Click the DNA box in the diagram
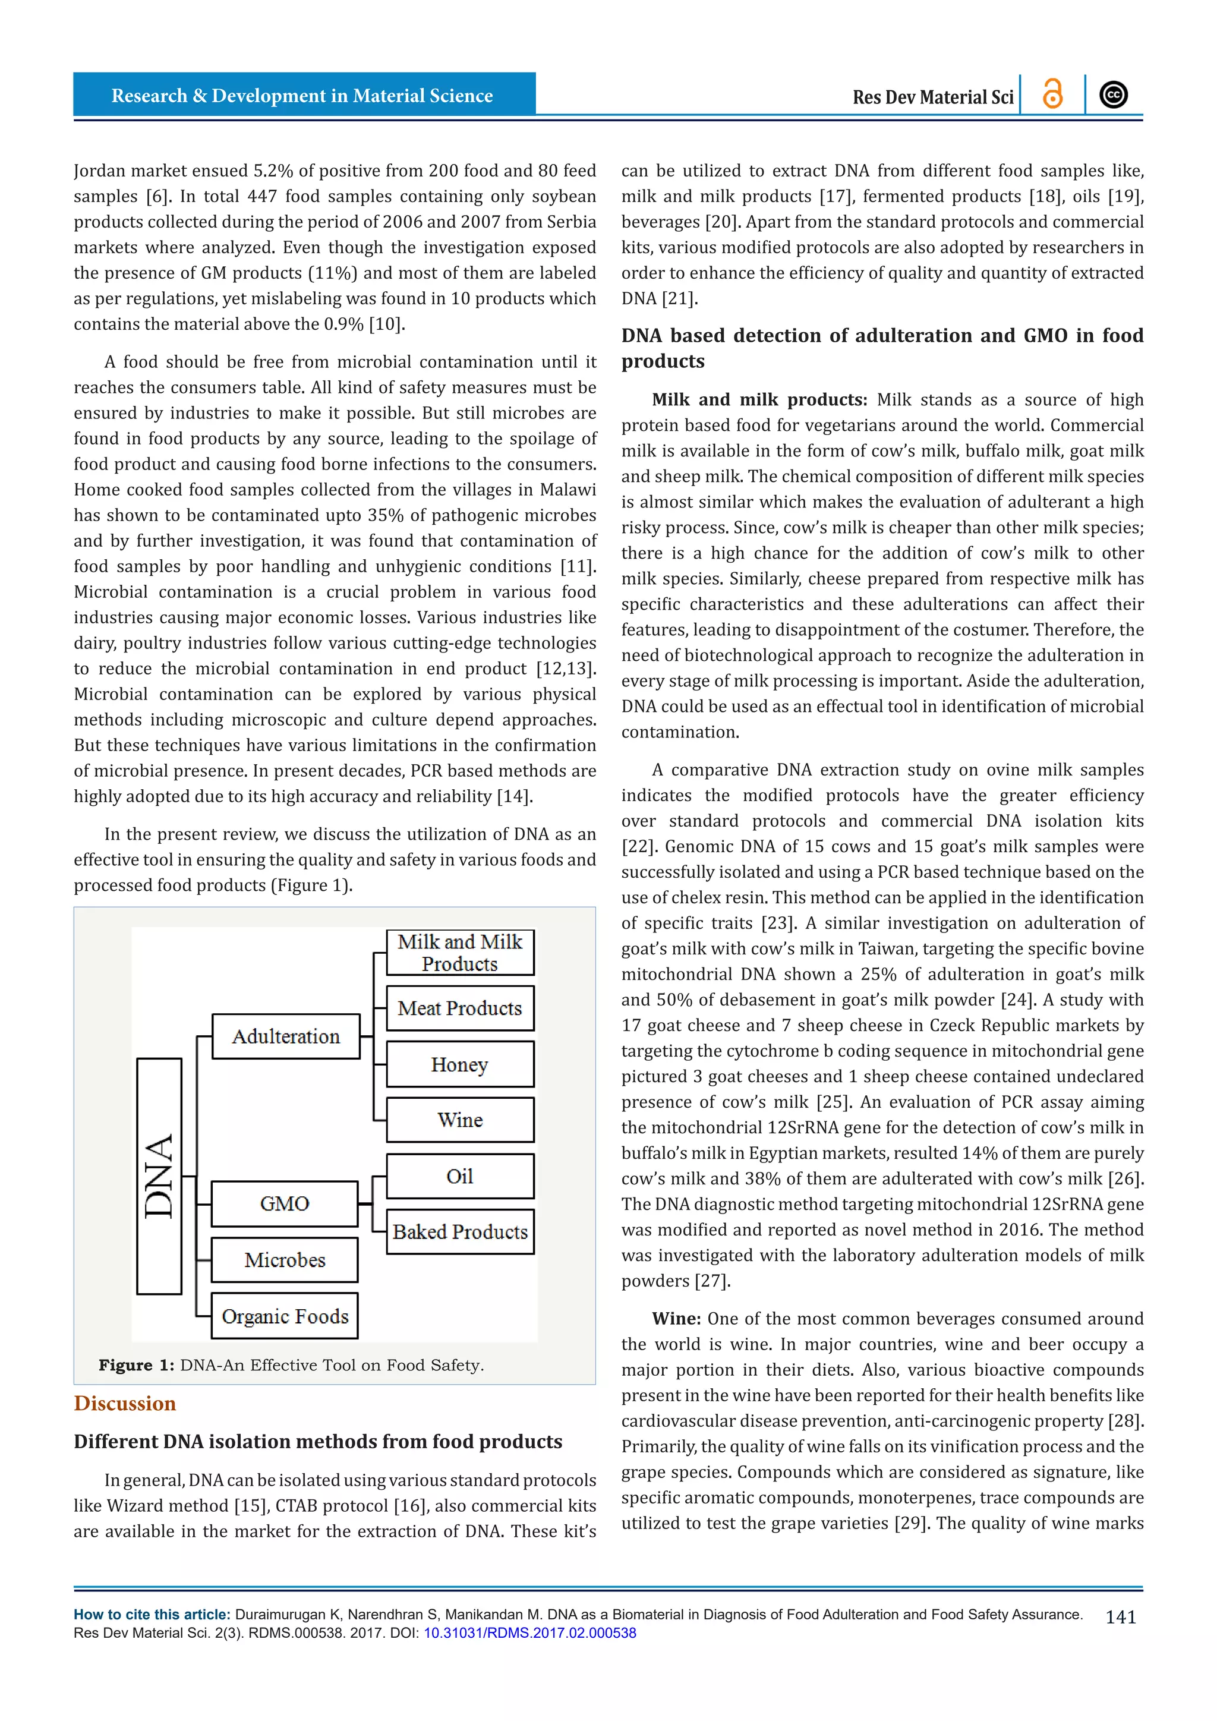(159, 1176)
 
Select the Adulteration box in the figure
(285, 1036)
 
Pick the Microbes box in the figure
(285, 1260)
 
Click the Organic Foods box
(285, 1316)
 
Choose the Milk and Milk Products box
(460, 953)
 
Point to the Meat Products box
(460, 1008)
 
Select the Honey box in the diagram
(460, 1064)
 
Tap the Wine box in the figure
(460, 1120)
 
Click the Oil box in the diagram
(460, 1176)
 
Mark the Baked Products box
(460, 1231)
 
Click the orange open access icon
(1053, 94)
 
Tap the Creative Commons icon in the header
(1114, 94)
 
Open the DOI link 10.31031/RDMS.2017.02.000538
(530, 1633)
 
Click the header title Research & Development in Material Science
(302, 95)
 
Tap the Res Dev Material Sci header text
(932, 97)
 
